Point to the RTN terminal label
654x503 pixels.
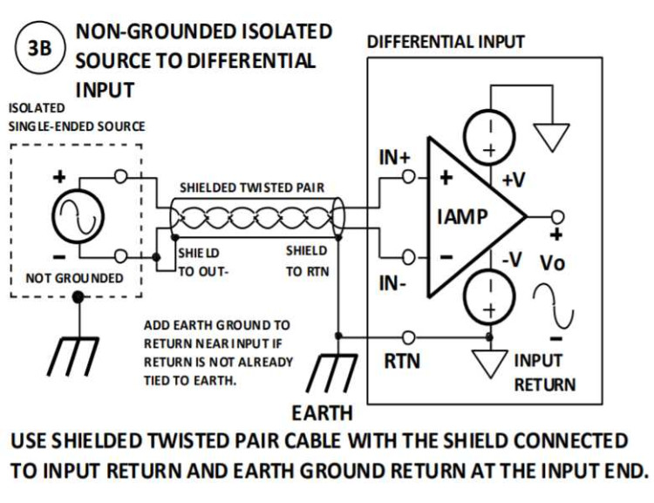pos(402,360)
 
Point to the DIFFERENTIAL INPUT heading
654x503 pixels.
pos(446,42)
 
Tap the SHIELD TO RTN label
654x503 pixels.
pos(307,260)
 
